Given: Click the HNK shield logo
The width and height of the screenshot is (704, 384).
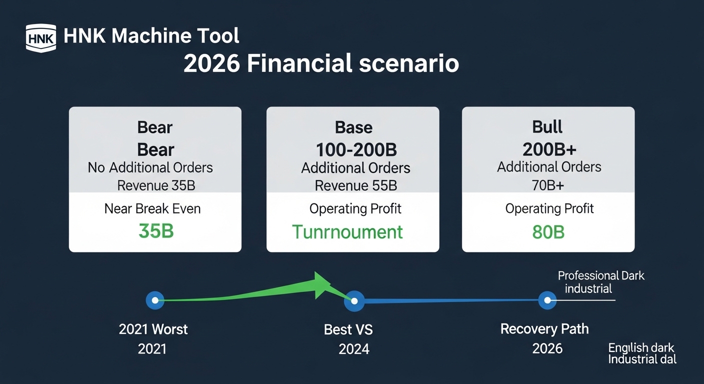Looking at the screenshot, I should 40,38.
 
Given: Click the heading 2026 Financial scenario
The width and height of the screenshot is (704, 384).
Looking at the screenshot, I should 321,64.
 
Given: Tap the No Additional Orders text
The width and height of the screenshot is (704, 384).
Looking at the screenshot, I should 150,167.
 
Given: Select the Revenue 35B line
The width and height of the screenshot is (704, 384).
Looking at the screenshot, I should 156,186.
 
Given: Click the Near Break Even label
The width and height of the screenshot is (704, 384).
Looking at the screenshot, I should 152,208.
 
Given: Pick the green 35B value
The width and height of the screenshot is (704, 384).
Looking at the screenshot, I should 156,231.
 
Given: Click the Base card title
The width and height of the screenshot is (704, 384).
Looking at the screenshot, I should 353,127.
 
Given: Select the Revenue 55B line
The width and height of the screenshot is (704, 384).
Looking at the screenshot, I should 356,186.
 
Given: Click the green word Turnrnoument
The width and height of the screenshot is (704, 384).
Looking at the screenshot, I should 347,232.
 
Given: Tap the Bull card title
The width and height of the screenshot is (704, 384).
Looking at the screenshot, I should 547,127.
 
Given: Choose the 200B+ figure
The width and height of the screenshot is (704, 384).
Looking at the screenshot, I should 548,149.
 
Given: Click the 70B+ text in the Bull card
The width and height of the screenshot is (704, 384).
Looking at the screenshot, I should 548,185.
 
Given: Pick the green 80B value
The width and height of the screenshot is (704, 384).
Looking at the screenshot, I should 548,232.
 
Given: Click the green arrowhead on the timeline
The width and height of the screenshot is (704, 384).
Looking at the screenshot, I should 322,285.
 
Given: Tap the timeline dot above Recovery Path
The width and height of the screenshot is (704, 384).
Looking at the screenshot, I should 547,300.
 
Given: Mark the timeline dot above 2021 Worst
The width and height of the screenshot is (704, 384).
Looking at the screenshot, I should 155,300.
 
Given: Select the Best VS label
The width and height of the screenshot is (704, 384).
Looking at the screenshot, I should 348,329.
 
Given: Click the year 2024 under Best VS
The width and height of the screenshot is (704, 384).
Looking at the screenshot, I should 354,348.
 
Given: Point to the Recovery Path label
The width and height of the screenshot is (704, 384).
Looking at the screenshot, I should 544,329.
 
